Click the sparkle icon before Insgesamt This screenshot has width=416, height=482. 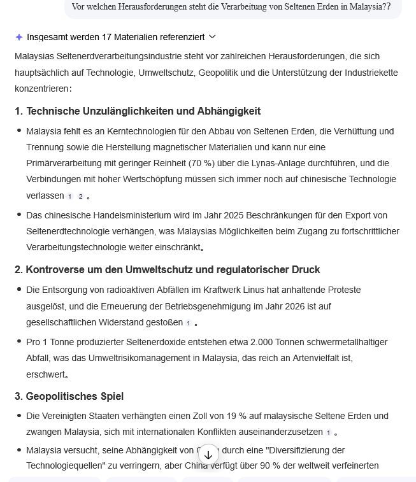pyautogui.click(x=19, y=37)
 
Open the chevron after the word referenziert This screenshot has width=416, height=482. pyautogui.click(x=213, y=37)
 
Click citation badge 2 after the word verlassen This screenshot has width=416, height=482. pyautogui.click(x=80, y=197)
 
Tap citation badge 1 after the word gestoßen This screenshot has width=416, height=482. pyautogui.click(x=189, y=323)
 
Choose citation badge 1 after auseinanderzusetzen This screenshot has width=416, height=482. pyautogui.click(x=329, y=433)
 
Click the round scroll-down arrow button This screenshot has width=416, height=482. pyautogui.click(x=208, y=455)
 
